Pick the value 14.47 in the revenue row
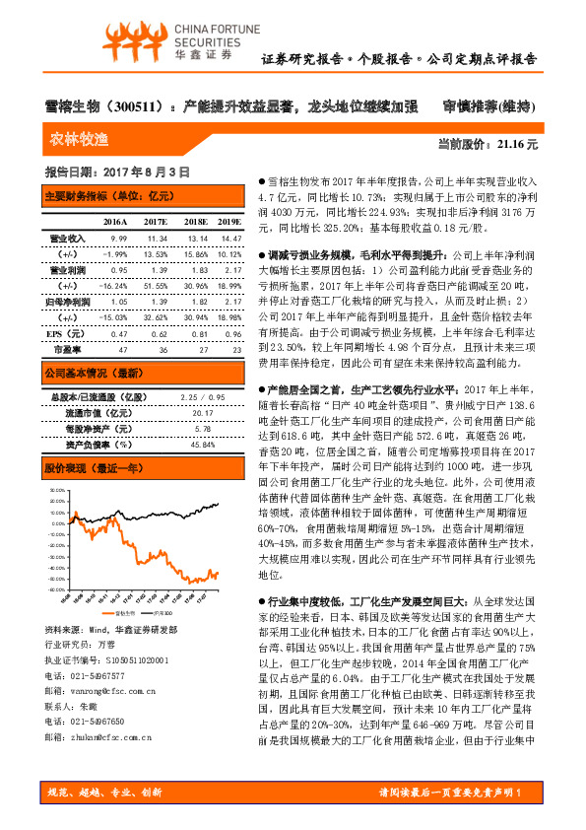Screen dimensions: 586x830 229,239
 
